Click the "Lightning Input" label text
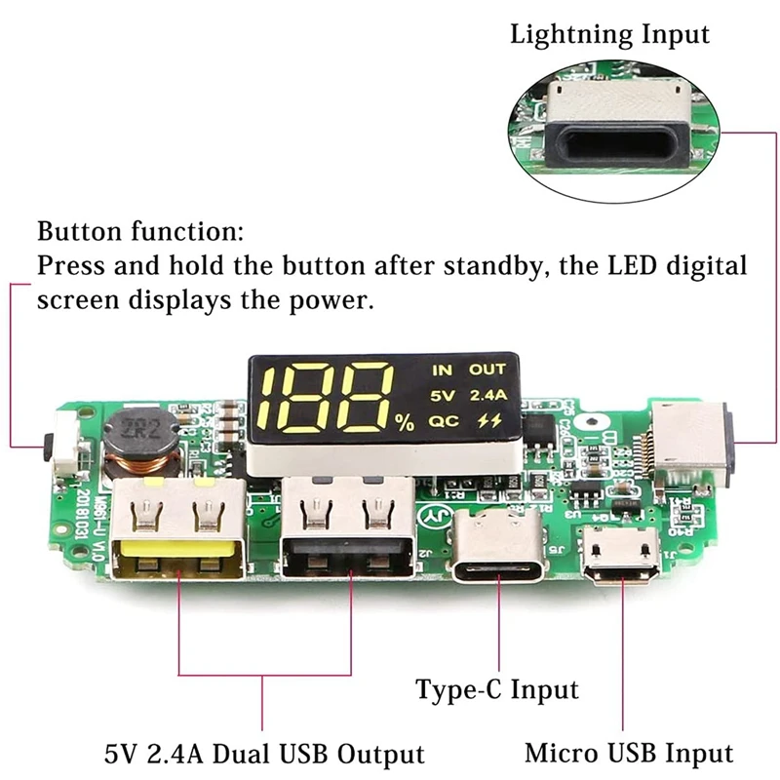click(x=610, y=36)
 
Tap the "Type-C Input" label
click(x=496, y=690)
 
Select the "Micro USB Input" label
click(x=628, y=753)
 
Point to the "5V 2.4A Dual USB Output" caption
click(x=265, y=754)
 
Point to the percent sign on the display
click(x=406, y=424)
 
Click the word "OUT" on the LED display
click(x=487, y=370)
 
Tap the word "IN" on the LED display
click(x=443, y=370)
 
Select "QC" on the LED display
click(x=444, y=422)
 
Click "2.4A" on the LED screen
click(x=487, y=396)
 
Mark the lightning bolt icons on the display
click(x=487, y=422)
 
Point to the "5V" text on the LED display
click(x=442, y=396)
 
